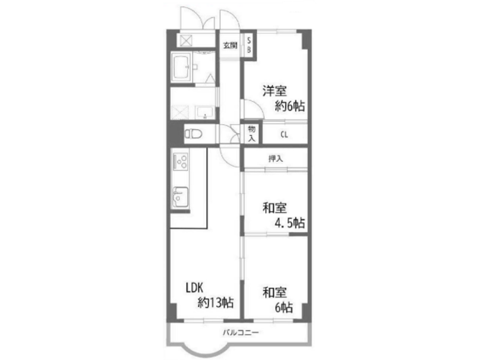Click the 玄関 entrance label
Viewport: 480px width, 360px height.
point(230,45)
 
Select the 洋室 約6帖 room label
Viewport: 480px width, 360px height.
point(283,98)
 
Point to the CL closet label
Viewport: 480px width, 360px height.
point(284,134)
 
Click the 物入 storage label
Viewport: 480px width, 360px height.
point(252,133)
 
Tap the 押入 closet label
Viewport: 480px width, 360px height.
point(275,159)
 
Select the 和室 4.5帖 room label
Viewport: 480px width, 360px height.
point(283,215)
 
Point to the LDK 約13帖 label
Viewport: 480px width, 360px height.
point(210,295)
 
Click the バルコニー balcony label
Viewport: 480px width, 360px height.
point(241,332)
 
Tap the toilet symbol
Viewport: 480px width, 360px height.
point(194,133)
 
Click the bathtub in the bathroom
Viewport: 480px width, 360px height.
point(182,67)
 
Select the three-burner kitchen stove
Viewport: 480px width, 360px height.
point(180,162)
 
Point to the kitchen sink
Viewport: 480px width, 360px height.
point(180,197)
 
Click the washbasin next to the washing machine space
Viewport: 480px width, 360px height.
point(205,113)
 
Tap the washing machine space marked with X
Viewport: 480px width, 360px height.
point(180,112)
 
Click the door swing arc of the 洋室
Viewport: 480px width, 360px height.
point(257,105)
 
